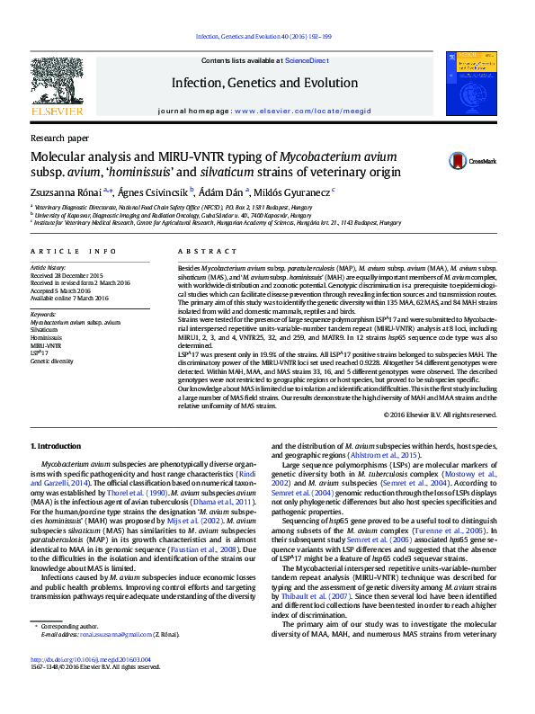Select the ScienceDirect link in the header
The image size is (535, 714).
[x=306, y=60]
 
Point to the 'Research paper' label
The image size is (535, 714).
[x=59, y=138]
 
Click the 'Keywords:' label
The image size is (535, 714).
[x=44, y=314]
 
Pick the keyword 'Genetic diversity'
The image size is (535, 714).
[x=52, y=361]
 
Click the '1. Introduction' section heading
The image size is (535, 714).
[x=55, y=447]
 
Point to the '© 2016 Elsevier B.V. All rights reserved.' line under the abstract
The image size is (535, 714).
[x=440, y=415]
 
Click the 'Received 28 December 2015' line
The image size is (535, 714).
[x=67, y=275]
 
